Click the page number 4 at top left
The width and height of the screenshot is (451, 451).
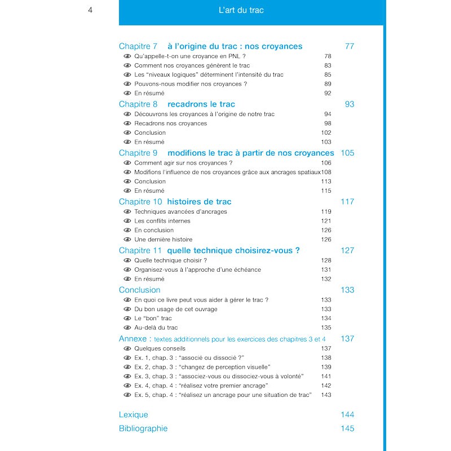click(x=90, y=10)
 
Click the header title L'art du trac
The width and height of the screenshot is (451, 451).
click(x=241, y=10)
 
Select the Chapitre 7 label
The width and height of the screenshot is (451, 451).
click(x=138, y=46)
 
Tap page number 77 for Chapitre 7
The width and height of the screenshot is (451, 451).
click(x=349, y=46)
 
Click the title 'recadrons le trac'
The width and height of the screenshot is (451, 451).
click(x=201, y=104)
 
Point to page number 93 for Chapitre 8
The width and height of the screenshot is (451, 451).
click(x=349, y=104)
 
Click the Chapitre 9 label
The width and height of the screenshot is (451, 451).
click(x=138, y=153)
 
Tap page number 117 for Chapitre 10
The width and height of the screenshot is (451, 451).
click(x=347, y=202)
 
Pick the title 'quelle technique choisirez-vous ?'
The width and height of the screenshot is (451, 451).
click(x=233, y=250)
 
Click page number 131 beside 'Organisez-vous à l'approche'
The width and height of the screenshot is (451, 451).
click(x=326, y=269)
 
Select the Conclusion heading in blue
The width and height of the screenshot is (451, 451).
click(x=139, y=290)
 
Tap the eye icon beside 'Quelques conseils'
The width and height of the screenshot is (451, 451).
click(x=127, y=348)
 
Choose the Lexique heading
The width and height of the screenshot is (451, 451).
click(x=134, y=414)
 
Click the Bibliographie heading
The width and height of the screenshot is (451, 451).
click(x=143, y=428)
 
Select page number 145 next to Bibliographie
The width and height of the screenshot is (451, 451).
click(x=347, y=428)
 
